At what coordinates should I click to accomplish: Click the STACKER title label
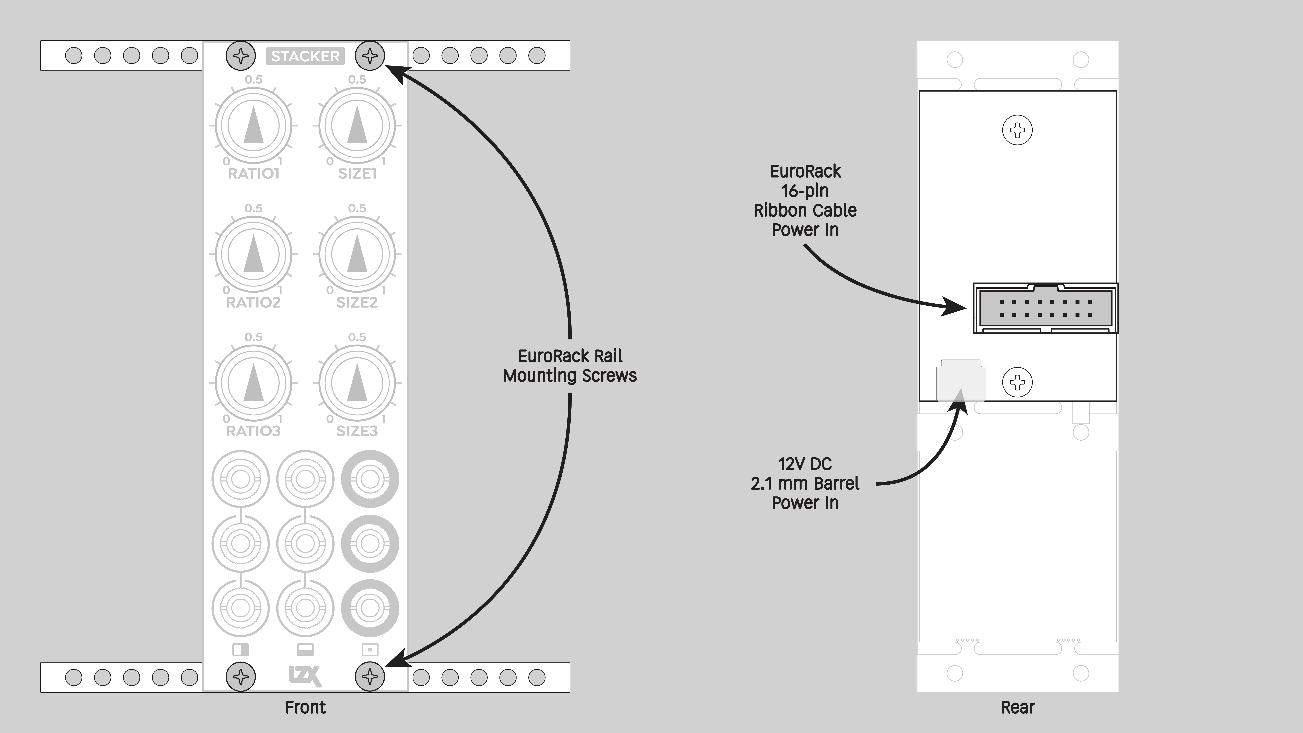[x=305, y=56]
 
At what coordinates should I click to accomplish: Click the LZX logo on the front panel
[x=305, y=676]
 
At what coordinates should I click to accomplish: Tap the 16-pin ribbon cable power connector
[x=1045, y=308]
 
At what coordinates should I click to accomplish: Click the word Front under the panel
[x=305, y=707]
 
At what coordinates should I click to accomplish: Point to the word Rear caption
[x=1018, y=707]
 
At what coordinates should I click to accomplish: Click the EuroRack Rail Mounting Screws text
[x=570, y=366]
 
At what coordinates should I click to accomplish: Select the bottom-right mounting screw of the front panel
[x=370, y=676]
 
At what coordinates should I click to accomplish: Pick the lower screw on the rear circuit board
[x=1017, y=382]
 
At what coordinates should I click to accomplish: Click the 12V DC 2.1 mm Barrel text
[x=805, y=474]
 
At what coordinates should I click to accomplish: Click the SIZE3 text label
[x=357, y=431]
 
